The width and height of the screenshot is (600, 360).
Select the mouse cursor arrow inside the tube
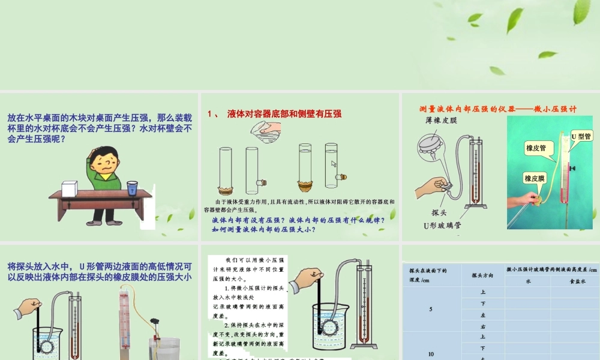coord(334,164)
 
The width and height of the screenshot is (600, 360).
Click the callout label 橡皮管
coord(536,148)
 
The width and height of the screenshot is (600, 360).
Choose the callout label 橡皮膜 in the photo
coord(535,178)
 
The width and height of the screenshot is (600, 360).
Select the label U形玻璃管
coord(442,226)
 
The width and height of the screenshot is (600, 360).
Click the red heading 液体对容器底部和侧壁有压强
coord(284,113)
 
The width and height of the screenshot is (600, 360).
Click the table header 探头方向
coord(482,275)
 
